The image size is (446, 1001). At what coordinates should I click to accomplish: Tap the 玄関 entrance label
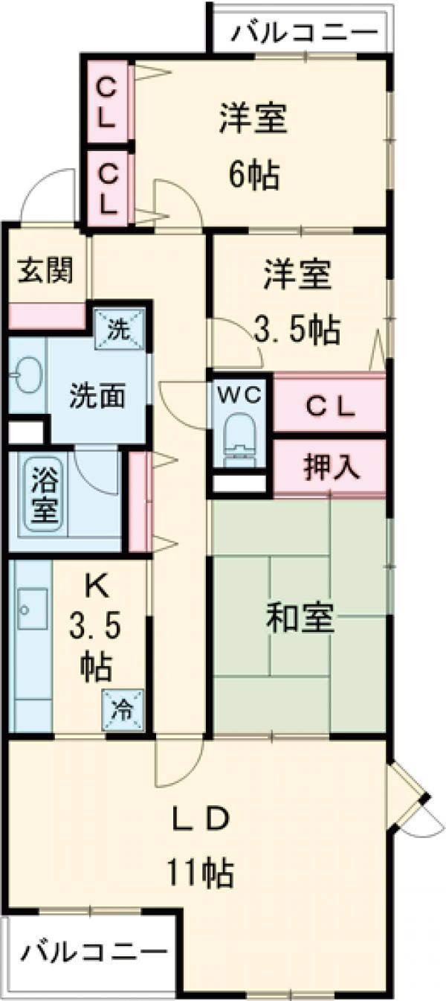coord(46,270)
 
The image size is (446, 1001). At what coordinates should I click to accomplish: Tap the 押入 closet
coord(330,467)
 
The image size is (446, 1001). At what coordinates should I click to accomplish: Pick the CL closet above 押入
coord(330,406)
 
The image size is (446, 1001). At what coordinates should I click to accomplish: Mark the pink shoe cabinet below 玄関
coord(46,316)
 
